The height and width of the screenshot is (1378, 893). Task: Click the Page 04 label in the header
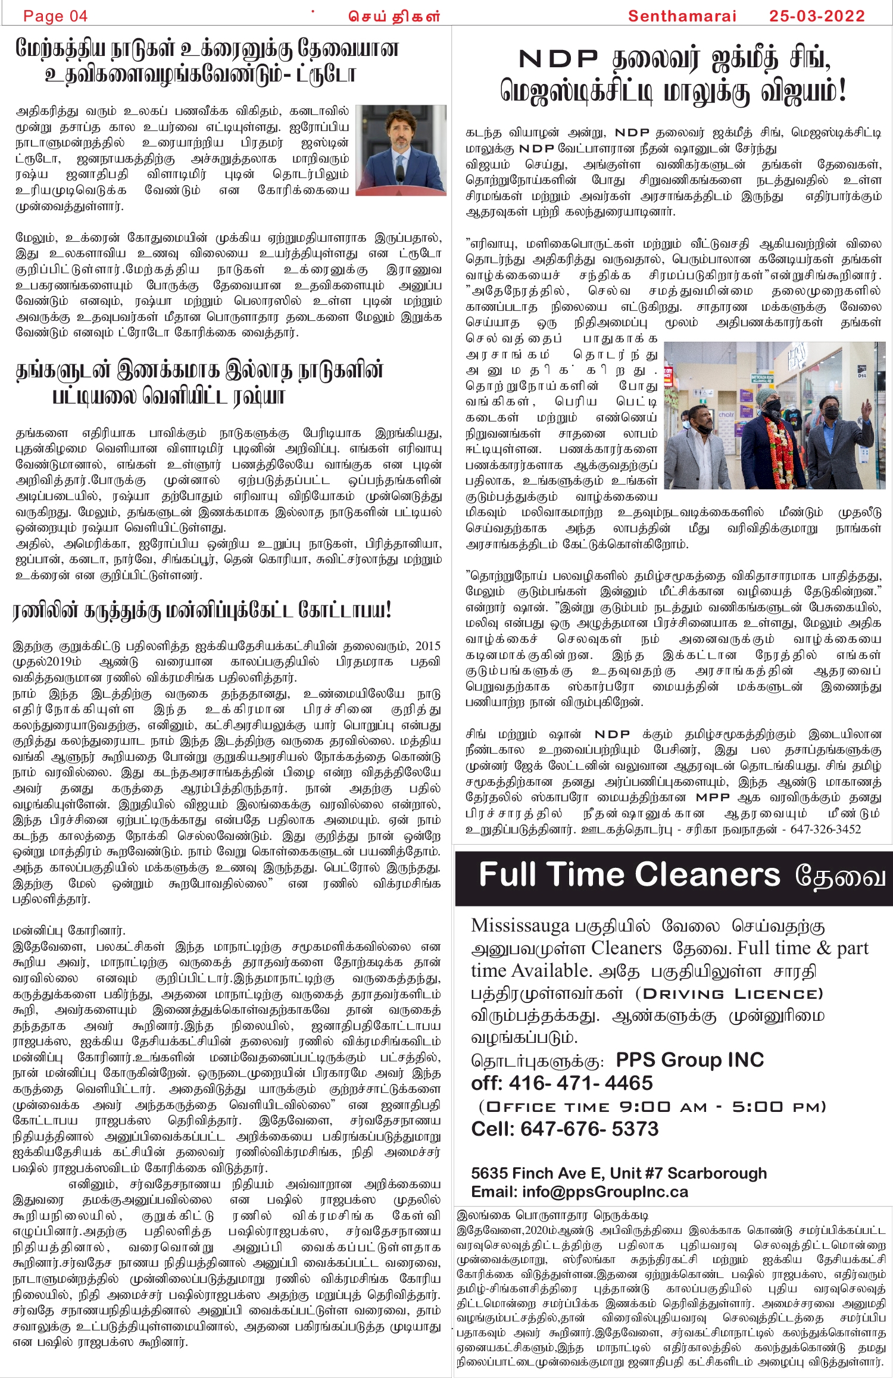(55, 16)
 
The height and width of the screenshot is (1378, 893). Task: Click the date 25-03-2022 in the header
(817, 16)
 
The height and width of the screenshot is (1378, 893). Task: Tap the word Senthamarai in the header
(682, 16)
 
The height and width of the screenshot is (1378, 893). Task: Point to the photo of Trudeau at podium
(401, 150)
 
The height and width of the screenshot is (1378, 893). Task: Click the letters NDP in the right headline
(558, 59)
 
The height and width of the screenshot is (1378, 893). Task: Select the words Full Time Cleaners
(629, 875)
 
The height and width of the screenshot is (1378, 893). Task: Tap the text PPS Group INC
(689, 1060)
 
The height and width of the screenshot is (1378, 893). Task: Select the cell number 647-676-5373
(589, 1129)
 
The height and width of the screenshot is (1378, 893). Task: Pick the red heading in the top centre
(394, 17)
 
